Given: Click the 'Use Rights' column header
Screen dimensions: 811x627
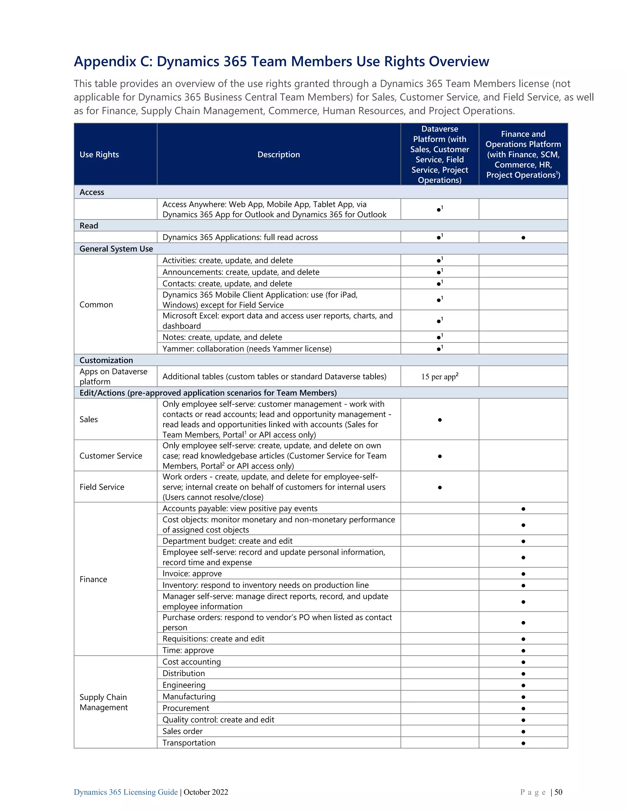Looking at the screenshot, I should coord(99,155).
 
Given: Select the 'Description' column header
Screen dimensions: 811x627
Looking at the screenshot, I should coord(279,155).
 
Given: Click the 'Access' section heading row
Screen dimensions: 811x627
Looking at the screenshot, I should coord(92,192).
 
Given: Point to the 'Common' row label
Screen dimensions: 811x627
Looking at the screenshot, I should coord(96,305).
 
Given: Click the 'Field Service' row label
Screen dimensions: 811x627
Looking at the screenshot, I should coord(102,487).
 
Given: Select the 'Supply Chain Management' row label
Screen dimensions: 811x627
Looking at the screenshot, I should coord(104,702).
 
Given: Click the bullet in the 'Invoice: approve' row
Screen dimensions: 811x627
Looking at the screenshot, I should coord(523,574).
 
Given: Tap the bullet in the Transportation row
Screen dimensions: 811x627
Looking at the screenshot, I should coord(523,743).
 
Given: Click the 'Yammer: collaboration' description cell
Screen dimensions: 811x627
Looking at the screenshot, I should coord(247,349).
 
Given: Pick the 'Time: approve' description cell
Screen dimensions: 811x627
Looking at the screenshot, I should coord(188,650).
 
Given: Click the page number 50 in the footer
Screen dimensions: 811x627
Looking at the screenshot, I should coord(558,792).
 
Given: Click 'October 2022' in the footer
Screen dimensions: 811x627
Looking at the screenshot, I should coord(206,792).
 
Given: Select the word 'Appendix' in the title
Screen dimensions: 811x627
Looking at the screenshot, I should coord(105,61).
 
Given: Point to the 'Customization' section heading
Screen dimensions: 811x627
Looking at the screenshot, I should coord(106,360).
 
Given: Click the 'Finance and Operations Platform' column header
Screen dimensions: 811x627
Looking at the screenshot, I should coord(523,155).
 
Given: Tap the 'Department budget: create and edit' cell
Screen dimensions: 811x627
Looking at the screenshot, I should coord(227,541).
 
